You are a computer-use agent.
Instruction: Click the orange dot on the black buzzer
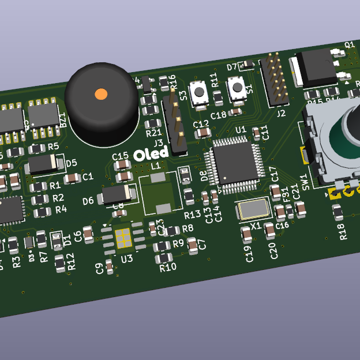tap(101, 93)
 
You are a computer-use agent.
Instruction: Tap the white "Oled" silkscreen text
tap(151, 153)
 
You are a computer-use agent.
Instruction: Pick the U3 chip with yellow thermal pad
tap(122, 238)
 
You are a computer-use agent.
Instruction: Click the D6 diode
tap(118, 195)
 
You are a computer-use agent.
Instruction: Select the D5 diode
tap(43, 165)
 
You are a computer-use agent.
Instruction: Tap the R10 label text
tap(168, 267)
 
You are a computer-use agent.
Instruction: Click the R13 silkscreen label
tap(192, 215)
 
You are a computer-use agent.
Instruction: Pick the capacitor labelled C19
tap(246, 234)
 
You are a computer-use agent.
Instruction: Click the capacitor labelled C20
tap(270, 231)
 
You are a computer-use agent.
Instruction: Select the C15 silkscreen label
tap(120, 156)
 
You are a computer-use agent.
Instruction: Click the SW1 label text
tap(306, 182)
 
